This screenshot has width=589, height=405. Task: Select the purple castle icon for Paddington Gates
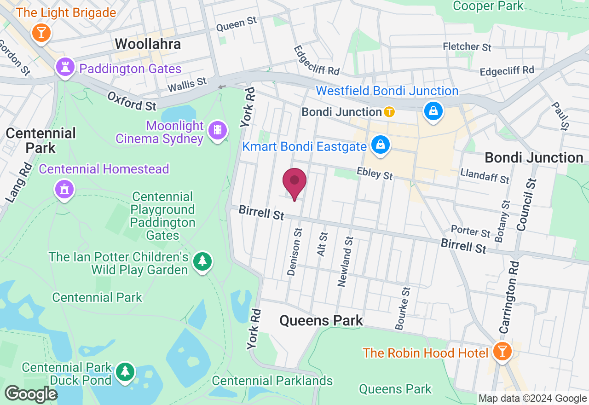pos(65,68)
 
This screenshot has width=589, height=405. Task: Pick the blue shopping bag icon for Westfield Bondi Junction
pos(433,111)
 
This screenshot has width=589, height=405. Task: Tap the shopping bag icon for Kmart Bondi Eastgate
pos(381,145)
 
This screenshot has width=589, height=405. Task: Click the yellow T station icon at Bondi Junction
pos(389,112)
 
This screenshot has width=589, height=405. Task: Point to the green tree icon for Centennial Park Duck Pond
pos(125,371)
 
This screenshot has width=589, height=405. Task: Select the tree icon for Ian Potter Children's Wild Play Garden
pos(202,261)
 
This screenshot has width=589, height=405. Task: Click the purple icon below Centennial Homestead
pos(64,189)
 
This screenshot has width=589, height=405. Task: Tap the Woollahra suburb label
pos(148,44)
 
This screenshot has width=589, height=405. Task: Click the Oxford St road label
pos(132,101)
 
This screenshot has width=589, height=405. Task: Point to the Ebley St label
pos(375,174)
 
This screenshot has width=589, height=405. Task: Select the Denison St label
pos(294,252)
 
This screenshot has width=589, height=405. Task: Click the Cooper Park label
pos(488,6)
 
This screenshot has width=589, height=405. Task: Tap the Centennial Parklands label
pos(272,381)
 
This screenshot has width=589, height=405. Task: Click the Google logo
pos(31,394)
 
